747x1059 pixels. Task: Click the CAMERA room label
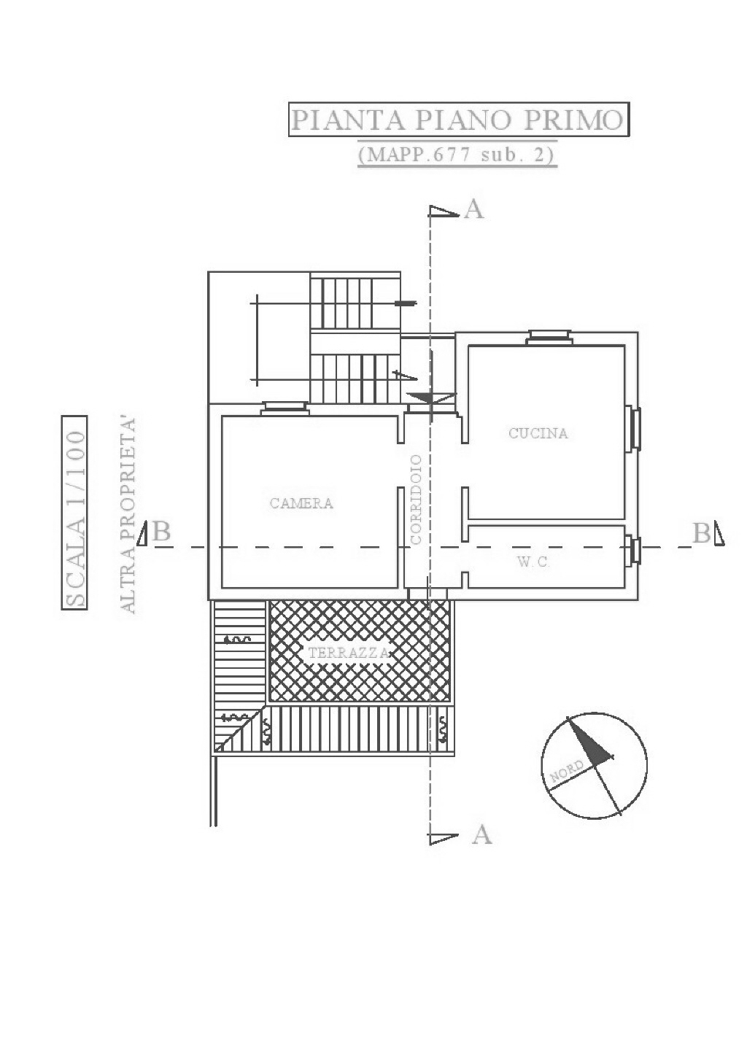(301, 503)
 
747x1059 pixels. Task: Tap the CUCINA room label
(538, 433)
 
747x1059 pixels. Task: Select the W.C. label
(533, 562)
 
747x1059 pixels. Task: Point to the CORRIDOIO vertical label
(417, 500)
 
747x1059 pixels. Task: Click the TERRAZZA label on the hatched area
(349, 653)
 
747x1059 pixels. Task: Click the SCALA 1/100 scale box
(74, 513)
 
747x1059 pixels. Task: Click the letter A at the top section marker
(473, 209)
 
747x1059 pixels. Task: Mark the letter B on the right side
(702, 533)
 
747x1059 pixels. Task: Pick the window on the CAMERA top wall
(285, 408)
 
